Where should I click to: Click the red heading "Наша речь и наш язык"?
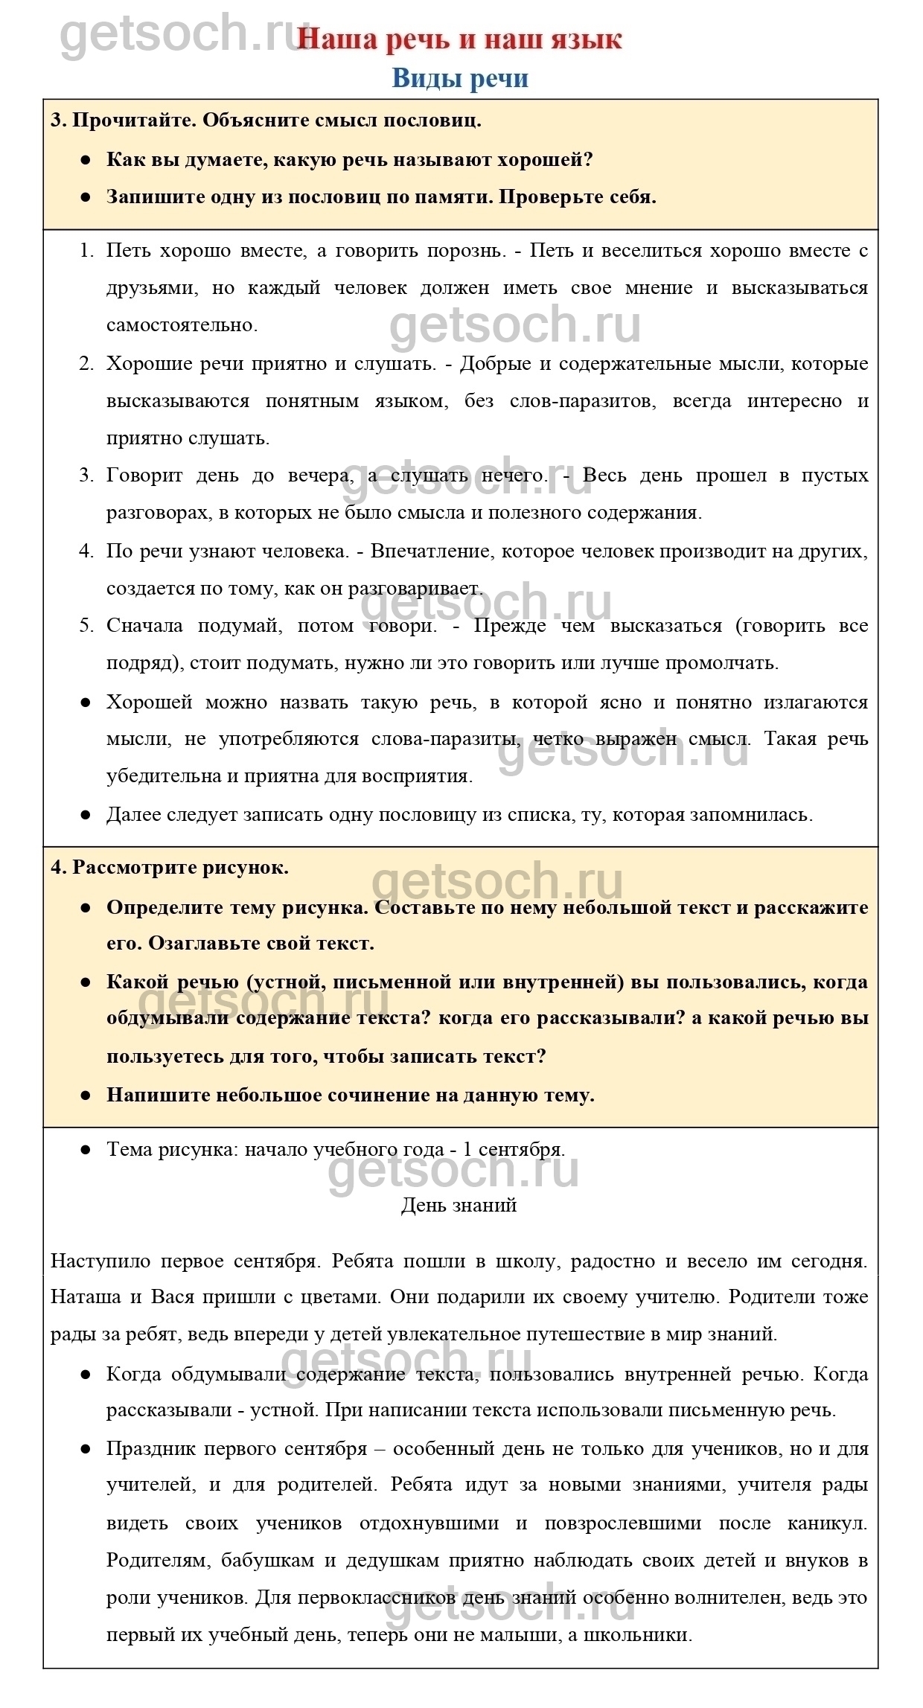click(x=459, y=39)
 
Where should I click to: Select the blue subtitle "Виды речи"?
click(x=460, y=78)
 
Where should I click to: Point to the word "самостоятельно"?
click(x=181, y=325)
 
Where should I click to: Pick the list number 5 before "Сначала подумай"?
click(x=86, y=625)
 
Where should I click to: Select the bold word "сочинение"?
click(x=360, y=1095)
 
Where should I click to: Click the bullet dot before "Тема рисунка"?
click(x=86, y=1150)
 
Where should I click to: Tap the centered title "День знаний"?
click(x=459, y=1205)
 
